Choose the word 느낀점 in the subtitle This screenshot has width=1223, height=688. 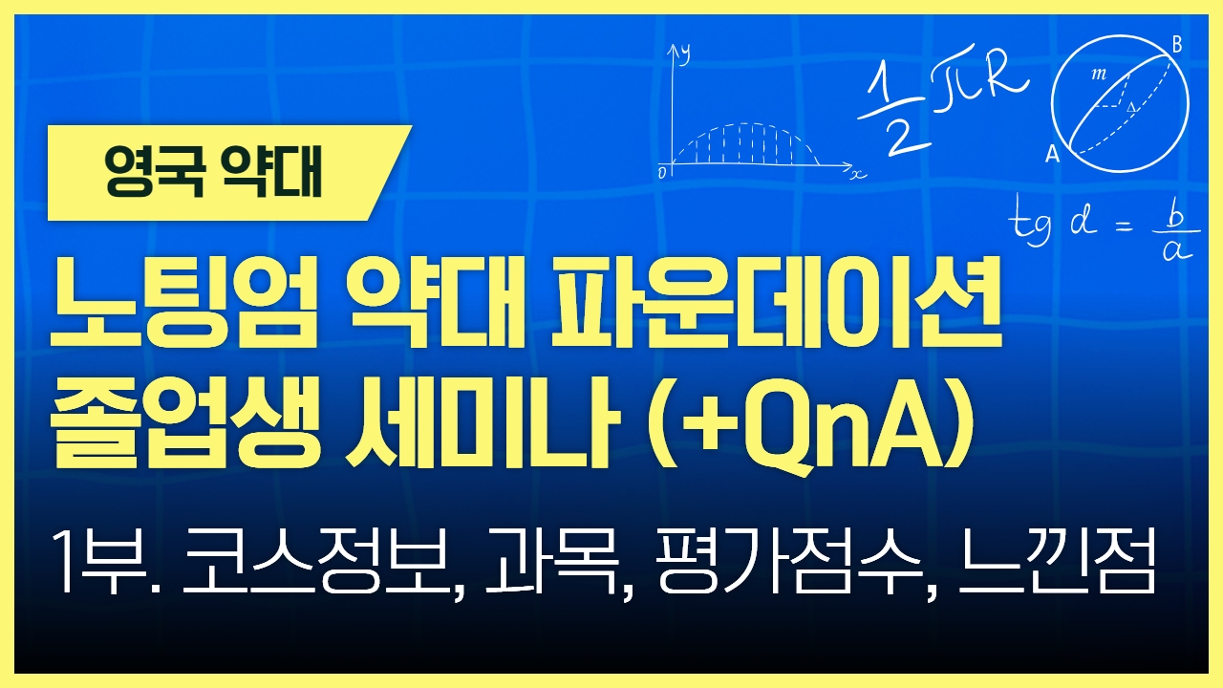tap(1058, 564)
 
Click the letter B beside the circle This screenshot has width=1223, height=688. tap(1177, 44)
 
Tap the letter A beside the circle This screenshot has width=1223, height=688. tap(1052, 155)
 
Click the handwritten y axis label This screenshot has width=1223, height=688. tap(685, 54)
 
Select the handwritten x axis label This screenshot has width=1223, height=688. tap(858, 174)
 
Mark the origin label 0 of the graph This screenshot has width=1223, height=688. tap(662, 173)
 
